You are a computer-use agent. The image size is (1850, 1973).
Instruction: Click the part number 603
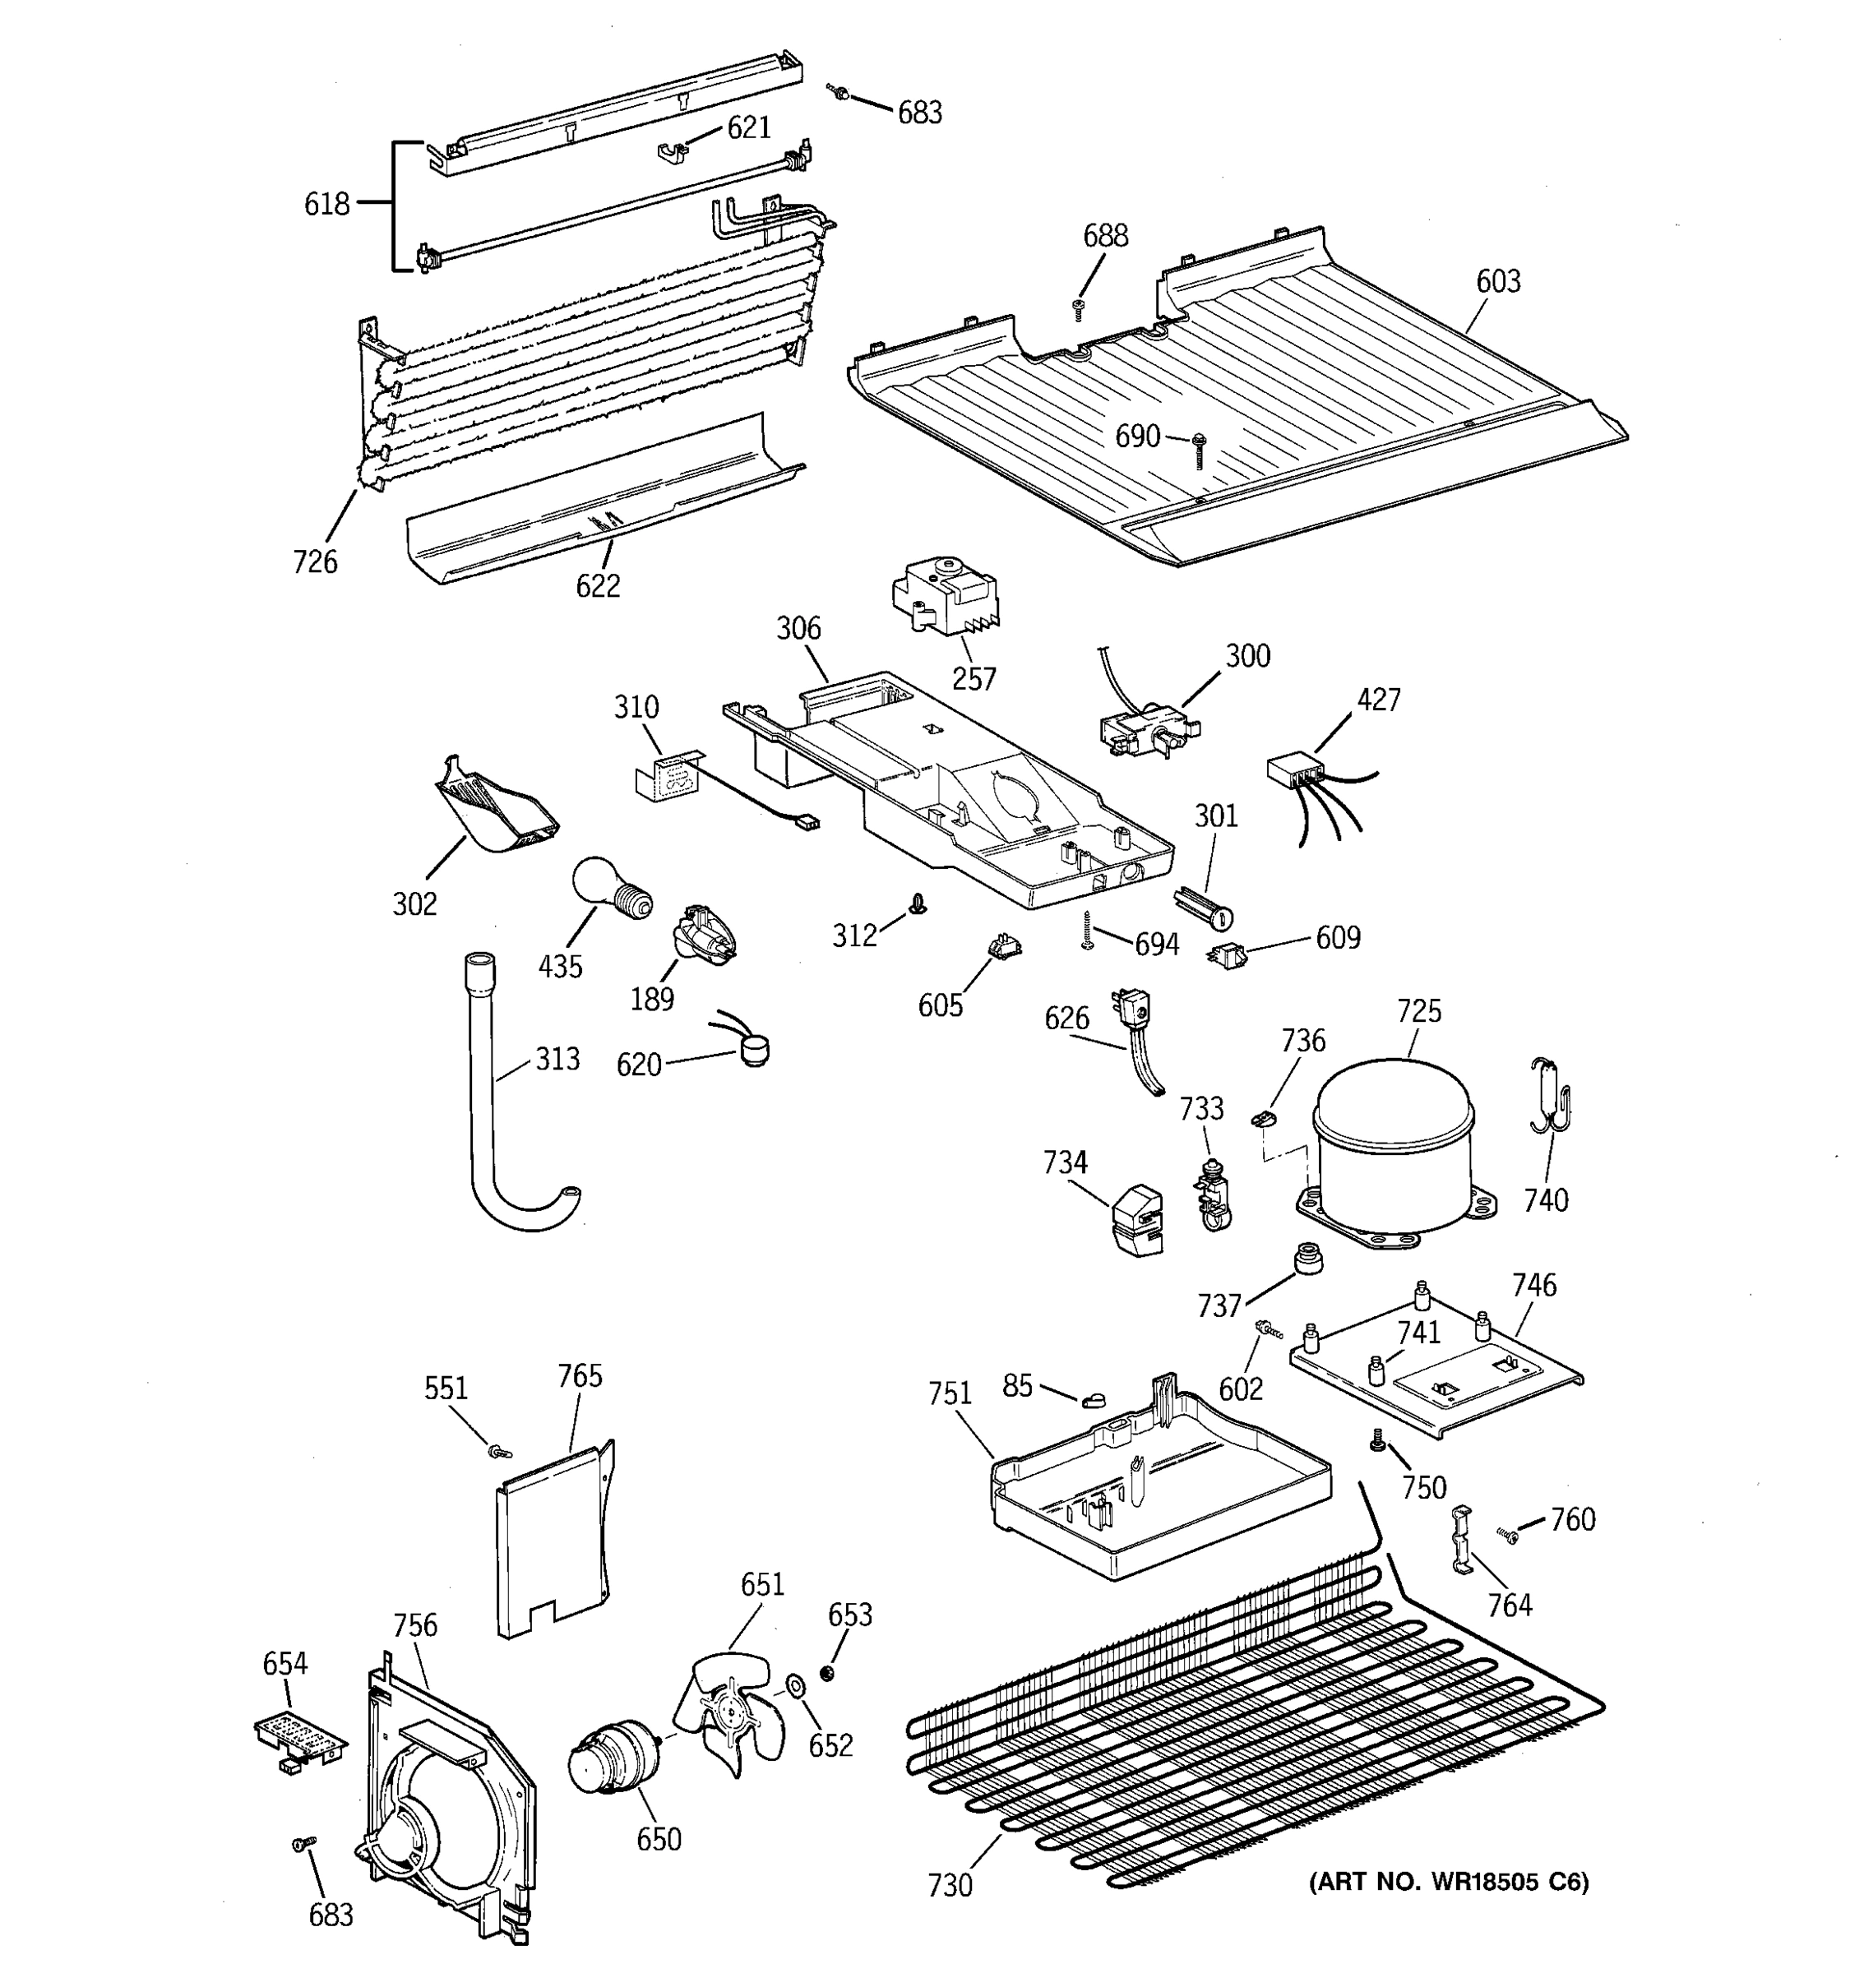tap(1497, 282)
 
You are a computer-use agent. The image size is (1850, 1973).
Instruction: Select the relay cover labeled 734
tap(1136, 1218)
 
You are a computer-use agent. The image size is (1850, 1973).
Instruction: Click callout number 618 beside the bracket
tap(326, 205)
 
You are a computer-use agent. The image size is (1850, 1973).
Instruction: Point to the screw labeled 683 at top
tap(839, 92)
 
